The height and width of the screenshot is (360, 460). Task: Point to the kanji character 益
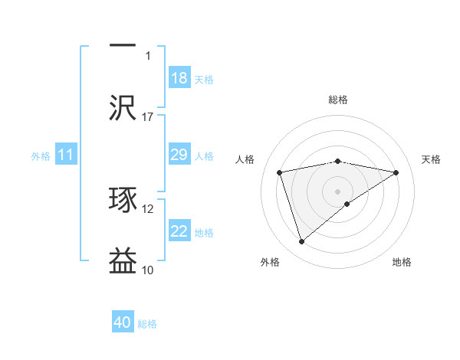123,260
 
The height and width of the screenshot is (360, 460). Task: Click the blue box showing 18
179,78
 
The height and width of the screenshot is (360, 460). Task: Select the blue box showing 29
179,155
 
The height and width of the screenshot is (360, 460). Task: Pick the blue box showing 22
179,231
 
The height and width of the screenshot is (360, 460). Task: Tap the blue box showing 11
66,155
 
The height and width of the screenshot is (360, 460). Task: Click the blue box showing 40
123,322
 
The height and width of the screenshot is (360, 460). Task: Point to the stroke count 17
148,116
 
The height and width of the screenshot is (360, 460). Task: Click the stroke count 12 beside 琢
148,208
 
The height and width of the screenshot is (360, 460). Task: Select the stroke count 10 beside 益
148,270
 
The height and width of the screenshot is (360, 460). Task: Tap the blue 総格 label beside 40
148,324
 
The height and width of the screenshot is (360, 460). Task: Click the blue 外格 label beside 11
41,156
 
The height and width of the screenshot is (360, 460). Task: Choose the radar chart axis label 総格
338,100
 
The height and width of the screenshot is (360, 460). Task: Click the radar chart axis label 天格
432,159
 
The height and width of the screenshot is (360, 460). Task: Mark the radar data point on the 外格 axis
301,242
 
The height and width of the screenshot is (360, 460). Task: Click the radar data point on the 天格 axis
396,172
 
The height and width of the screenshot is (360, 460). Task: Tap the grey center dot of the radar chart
338,191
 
